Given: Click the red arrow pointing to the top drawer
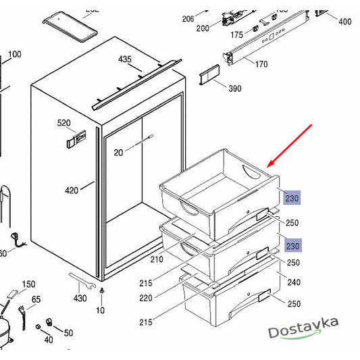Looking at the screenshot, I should (x=290, y=145).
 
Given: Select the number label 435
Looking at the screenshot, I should (x=125, y=59).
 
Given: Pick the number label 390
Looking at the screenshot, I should (x=234, y=89).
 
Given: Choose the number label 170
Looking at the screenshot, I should (x=261, y=64).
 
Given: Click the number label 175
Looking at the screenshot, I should (x=237, y=34).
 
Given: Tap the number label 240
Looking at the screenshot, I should (x=294, y=283).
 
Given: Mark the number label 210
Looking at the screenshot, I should (x=156, y=259).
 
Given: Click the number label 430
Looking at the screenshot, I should (x=80, y=299).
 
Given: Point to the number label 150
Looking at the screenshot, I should (x=29, y=284).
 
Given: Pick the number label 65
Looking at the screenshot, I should (x=36, y=299).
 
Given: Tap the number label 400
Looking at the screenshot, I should (x=344, y=22).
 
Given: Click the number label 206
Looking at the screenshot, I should (x=188, y=18).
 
